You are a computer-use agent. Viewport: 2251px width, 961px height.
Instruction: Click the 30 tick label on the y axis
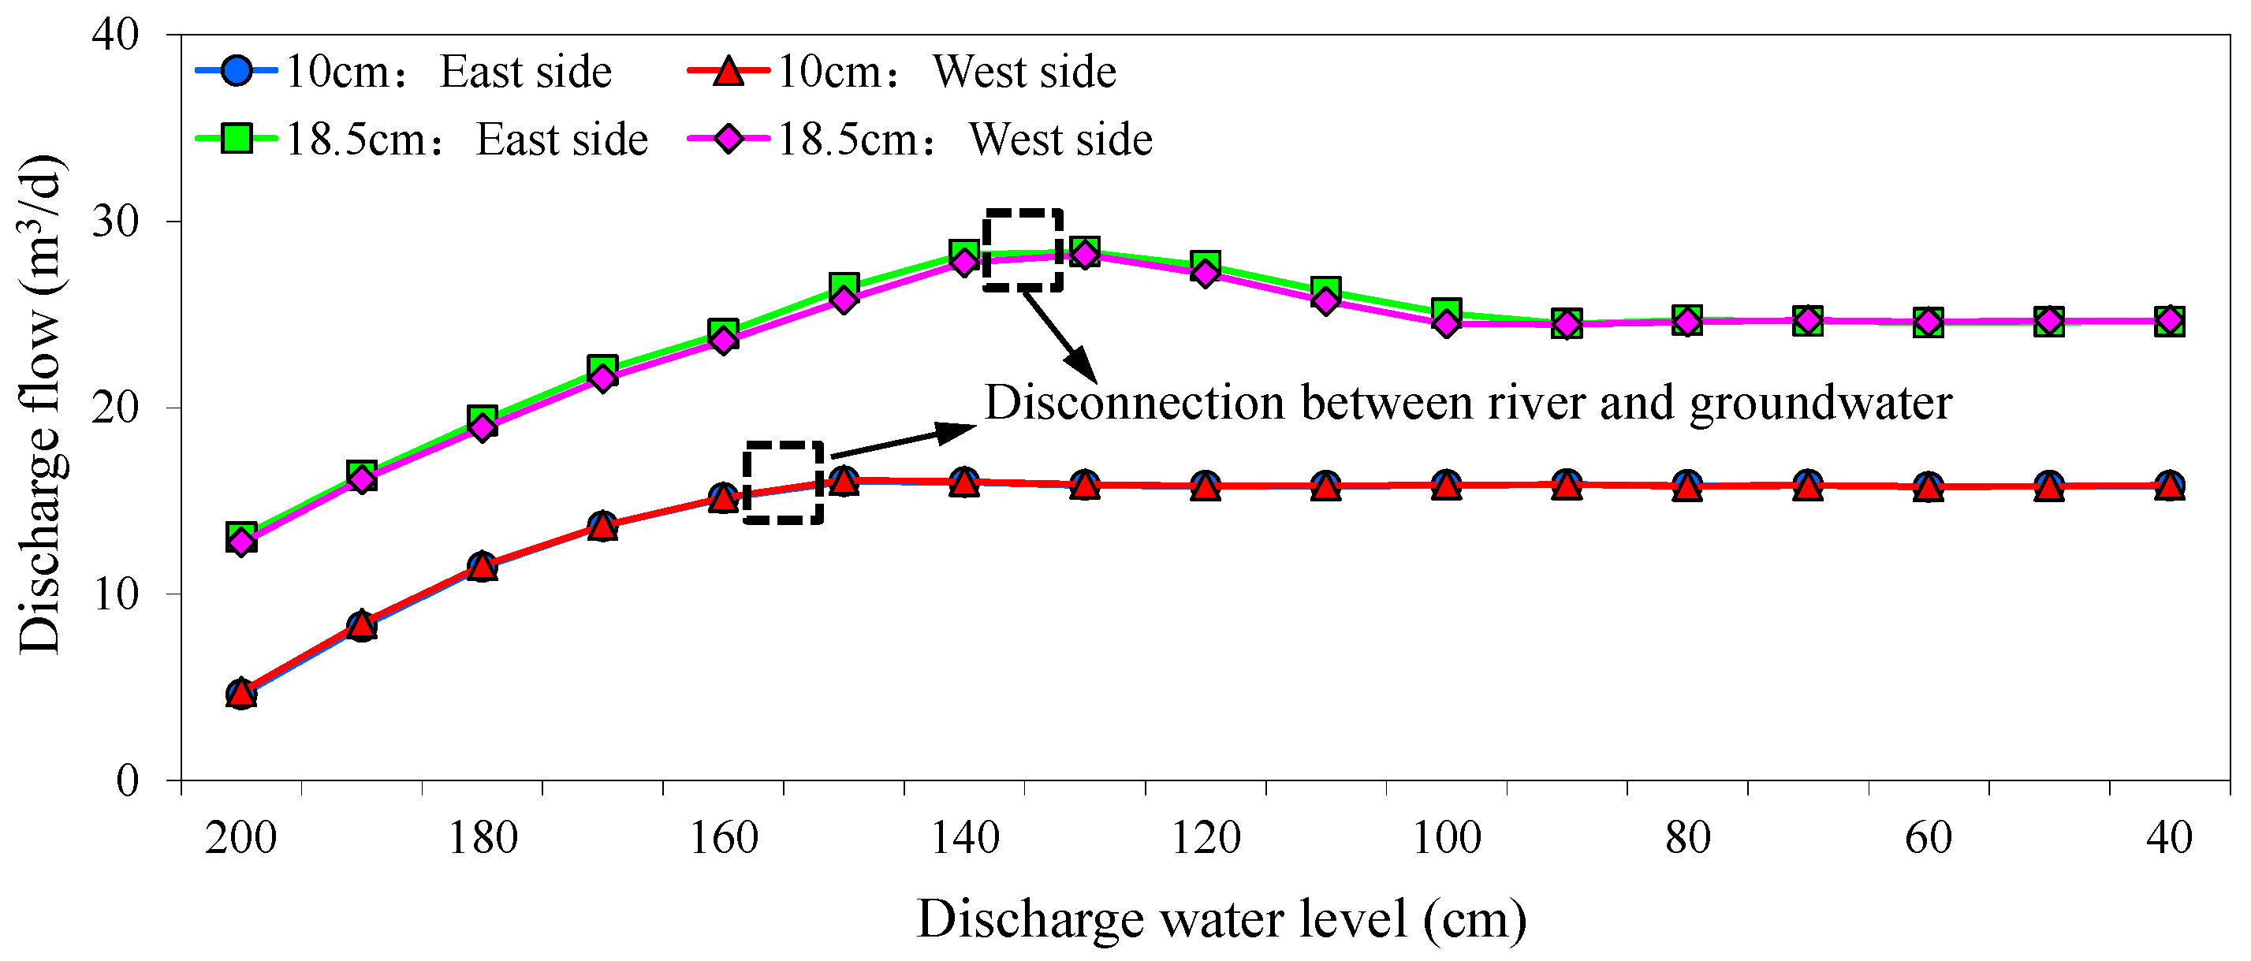tap(115, 221)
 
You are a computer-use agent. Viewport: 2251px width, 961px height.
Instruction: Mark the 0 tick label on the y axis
tap(128, 780)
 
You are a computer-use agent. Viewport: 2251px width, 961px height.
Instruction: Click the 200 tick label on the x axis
tap(241, 838)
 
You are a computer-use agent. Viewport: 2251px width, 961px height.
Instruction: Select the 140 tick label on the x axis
tap(965, 838)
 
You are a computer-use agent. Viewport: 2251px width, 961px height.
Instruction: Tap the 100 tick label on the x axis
tap(1447, 838)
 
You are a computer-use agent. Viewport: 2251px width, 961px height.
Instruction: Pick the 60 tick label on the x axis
tap(1929, 838)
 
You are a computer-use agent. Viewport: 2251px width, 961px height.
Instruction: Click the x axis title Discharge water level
tap(1221, 919)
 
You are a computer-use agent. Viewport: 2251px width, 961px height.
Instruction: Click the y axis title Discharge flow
tap(39, 405)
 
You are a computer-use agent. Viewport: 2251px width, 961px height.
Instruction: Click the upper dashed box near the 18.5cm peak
tap(1023, 250)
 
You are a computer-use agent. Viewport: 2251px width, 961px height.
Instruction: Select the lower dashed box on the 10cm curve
tap(784, 483)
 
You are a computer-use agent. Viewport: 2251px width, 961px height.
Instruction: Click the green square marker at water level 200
tap(241, 534)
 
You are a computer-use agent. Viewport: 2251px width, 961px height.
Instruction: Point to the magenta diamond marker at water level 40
tap(2170, 321)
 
